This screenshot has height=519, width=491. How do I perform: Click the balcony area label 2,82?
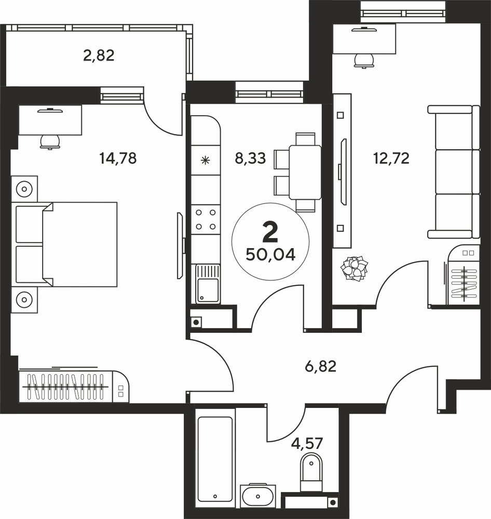click(x=99, y=56)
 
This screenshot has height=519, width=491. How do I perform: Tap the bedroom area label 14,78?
click(x=118, y=158)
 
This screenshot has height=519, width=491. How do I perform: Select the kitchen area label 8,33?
click(x=250, y=158)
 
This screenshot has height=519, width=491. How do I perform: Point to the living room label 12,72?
click(x=391, y=158)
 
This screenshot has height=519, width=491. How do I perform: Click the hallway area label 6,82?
click(x=321, y=366)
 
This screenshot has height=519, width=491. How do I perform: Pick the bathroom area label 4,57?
click(x=307, y=443)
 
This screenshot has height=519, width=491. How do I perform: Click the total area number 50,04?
click(x=270, y=255)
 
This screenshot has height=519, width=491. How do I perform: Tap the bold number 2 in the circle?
click(x=270, y=233)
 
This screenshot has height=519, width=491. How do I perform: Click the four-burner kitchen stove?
click(x=206, y=220)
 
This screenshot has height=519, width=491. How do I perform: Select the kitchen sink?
click(x=208, y=284)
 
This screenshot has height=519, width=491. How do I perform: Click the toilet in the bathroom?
click(x=311, y=472)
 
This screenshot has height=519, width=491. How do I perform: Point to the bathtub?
click(x=215, y=459)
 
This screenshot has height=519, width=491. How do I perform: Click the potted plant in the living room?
click(x=354, y=268)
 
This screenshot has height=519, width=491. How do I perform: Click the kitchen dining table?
click(x=305, y=172)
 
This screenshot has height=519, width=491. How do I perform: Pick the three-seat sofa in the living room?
click(x=454, y=172)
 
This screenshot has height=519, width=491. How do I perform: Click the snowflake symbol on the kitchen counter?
click(x=206, y=161)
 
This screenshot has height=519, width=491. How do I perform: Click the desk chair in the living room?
click(x=364, y=61)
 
